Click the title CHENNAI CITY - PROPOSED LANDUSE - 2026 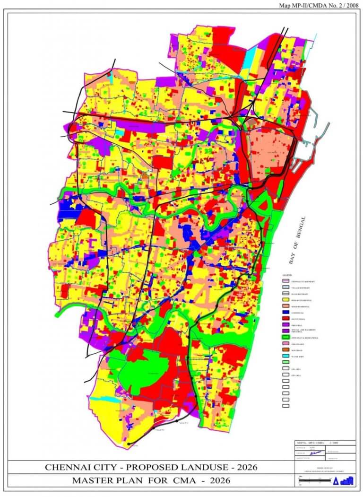[151, 467]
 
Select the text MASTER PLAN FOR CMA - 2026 [151, 481]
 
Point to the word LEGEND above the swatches [287, 275]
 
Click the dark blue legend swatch [285, 313]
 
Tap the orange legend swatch [285, 349]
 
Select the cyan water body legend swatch [285, 356]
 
